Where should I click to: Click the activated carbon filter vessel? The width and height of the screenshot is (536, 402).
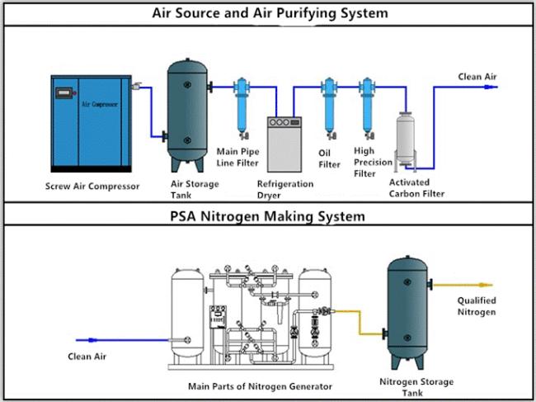coord(405,140)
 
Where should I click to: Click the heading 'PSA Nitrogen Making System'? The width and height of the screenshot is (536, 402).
coord(268,217)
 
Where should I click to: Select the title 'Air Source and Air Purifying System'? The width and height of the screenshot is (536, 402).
coord(268,14)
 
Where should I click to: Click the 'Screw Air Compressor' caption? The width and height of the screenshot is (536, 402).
coord(92,186)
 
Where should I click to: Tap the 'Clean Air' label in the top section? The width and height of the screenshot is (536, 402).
coord(477,77)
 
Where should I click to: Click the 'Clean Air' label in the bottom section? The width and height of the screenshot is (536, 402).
coord(87,357)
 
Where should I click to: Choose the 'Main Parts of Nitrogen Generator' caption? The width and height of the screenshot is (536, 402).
coord(260,386)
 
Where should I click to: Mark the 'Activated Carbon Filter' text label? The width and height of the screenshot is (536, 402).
coord(416,188)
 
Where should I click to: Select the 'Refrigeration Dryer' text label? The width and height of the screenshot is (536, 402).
coord(285,190)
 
